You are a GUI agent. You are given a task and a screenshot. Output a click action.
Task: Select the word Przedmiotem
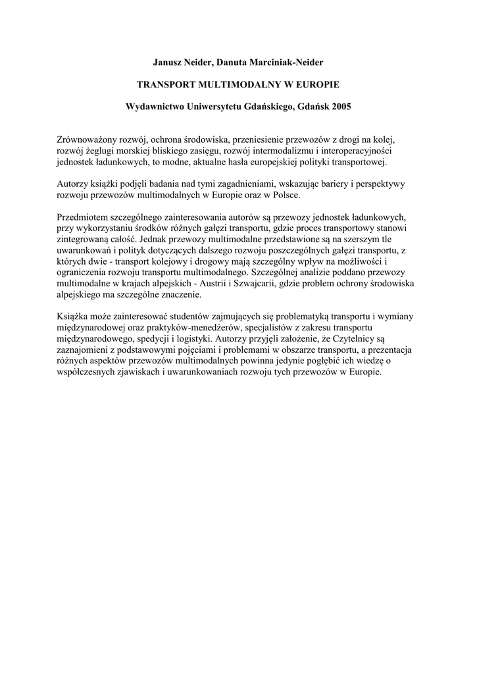[x=85, y=218]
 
